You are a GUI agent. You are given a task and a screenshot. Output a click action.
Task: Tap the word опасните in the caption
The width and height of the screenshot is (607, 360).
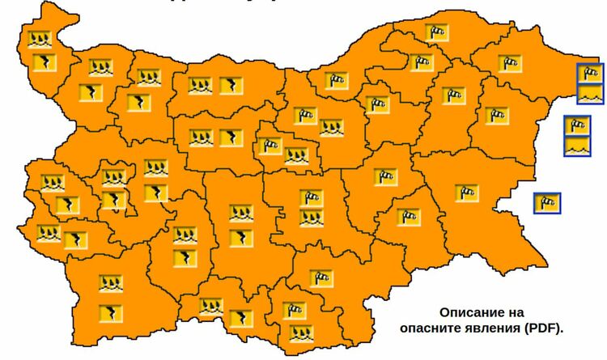(430, 328)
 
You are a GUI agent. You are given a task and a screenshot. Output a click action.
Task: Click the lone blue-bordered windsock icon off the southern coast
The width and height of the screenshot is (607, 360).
(547, 201)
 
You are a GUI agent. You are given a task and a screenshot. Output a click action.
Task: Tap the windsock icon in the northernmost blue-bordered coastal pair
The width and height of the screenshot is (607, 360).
(591, 74)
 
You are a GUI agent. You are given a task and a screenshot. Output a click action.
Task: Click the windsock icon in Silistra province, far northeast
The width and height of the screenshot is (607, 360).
(437, 33)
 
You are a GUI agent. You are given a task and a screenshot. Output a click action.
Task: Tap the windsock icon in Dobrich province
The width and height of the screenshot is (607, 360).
(508, 61)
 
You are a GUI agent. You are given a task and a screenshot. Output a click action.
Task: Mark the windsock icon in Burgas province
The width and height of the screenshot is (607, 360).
(467, 193)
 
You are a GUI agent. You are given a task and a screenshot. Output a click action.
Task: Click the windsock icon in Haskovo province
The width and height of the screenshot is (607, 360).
(321, 278)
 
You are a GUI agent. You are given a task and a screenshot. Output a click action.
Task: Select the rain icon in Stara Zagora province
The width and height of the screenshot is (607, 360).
(312, 218)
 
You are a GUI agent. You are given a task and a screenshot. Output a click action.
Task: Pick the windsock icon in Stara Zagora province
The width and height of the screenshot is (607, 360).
(312, 197)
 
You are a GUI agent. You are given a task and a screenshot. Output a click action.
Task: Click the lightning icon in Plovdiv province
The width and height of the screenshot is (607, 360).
(240, 239)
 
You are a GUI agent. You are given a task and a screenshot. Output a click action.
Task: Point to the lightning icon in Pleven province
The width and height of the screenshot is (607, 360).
(231, 85)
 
